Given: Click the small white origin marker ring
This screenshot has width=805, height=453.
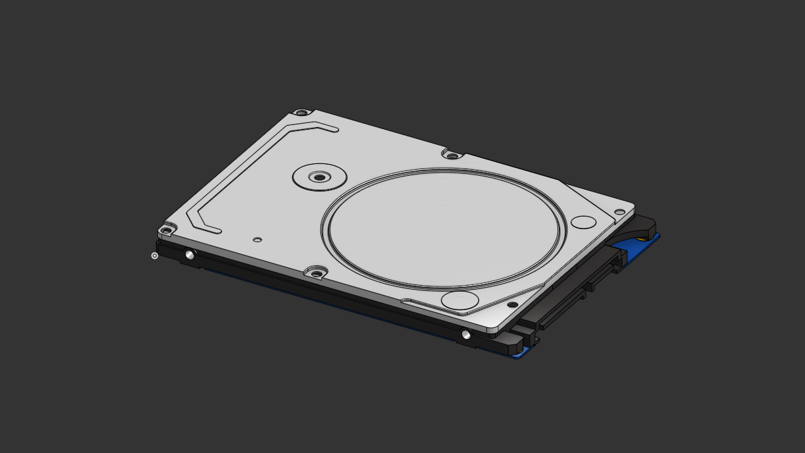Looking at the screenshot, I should click(155, 255).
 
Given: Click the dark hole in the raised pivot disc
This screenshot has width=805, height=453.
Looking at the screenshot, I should click(319, 177).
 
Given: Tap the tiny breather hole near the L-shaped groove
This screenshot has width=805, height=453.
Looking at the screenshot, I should click(257, 240).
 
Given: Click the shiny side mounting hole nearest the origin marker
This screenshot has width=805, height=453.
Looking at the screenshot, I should click(190, 255).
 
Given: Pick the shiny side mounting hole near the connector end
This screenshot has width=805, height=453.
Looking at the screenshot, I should click(466, 335).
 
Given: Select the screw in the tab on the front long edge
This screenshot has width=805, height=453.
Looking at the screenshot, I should click(317, 273).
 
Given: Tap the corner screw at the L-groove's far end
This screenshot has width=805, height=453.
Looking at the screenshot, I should click(301, 113).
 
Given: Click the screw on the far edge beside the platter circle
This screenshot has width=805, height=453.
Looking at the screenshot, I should click(452, 156).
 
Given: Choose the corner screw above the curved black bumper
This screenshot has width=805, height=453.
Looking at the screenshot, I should click(619, 212).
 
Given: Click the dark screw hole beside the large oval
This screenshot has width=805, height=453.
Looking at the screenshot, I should click(511, 304).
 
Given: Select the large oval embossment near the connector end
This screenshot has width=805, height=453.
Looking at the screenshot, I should click(459, 300).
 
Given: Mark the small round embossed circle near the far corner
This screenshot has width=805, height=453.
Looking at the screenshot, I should click(583, 222).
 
